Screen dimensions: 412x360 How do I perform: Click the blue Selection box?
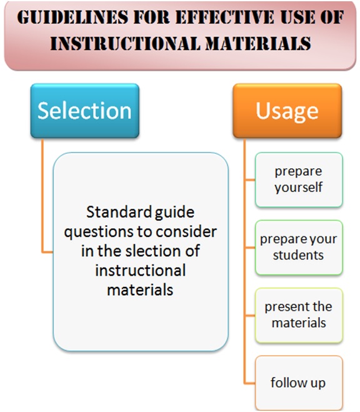point(84,111)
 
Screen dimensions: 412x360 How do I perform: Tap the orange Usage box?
point(287,111)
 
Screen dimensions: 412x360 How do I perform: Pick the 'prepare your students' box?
point(299,247)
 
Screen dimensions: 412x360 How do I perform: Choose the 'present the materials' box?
point(299,314)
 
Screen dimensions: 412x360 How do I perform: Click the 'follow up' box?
point(298,382)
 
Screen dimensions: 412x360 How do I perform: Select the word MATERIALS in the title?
point(254,44)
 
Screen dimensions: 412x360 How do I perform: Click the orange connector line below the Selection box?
point(42,200)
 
